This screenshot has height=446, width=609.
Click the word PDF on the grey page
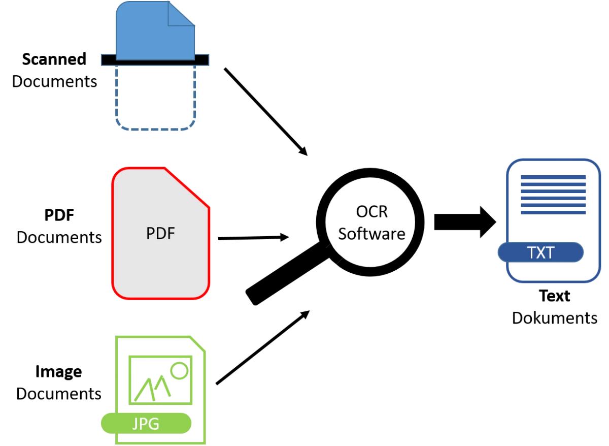[x=160, y=233]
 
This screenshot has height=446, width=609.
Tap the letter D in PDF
[x=160, y=233]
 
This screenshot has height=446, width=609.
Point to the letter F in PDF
[x=171, y=233]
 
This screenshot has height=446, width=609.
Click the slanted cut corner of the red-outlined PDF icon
[x=187, y=187]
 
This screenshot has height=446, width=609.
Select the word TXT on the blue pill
[x=540, y=252]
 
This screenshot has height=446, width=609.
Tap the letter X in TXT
[x=540, y=252]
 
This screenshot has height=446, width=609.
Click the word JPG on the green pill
[x=146, y=423]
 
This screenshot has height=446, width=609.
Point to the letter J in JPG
[x=136, y=423]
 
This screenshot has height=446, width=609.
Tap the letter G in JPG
[x=154, y=423]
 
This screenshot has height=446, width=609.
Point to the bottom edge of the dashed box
[x=156, y=132]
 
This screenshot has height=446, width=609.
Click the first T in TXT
[x=531, y=252]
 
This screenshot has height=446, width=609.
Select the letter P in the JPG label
[x=145, y=423]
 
